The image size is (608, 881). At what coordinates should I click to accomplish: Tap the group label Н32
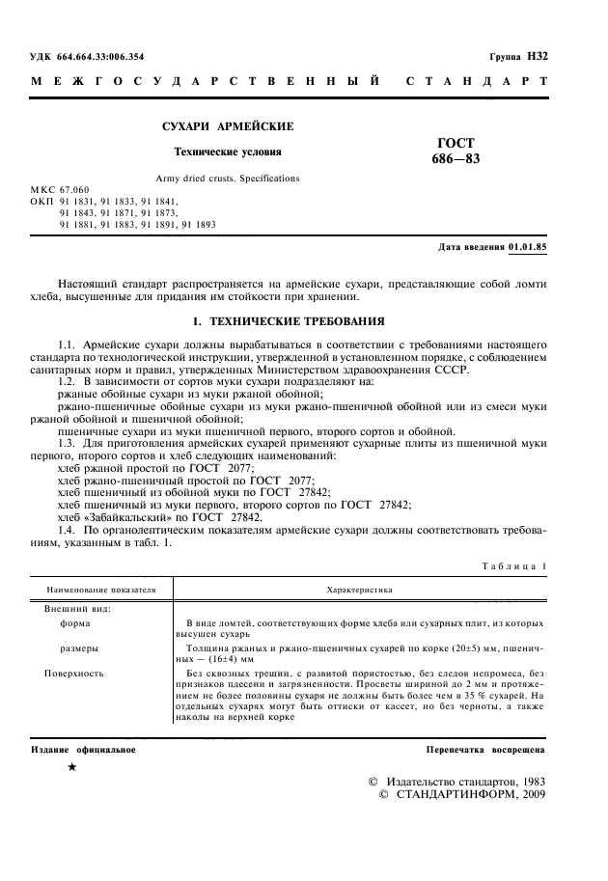click(538, 58)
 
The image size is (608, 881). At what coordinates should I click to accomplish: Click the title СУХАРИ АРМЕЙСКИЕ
click(227, 127)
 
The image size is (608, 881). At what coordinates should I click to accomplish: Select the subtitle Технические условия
click(228, 151)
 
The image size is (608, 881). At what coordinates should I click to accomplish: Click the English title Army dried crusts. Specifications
click(228, 179)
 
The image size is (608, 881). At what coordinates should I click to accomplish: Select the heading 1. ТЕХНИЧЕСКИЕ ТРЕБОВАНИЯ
click(290, 320)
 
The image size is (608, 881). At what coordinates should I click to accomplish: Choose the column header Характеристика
click(361, 588)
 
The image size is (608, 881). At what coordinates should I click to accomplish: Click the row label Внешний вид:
click(77, 609)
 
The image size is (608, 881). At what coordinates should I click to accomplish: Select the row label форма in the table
click(76, 623)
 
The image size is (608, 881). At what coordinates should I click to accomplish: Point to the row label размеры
click(80, 648)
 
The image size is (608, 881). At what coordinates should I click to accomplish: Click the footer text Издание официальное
click(84, 749)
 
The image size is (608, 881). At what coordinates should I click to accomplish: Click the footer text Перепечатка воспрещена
click(486, 749)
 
